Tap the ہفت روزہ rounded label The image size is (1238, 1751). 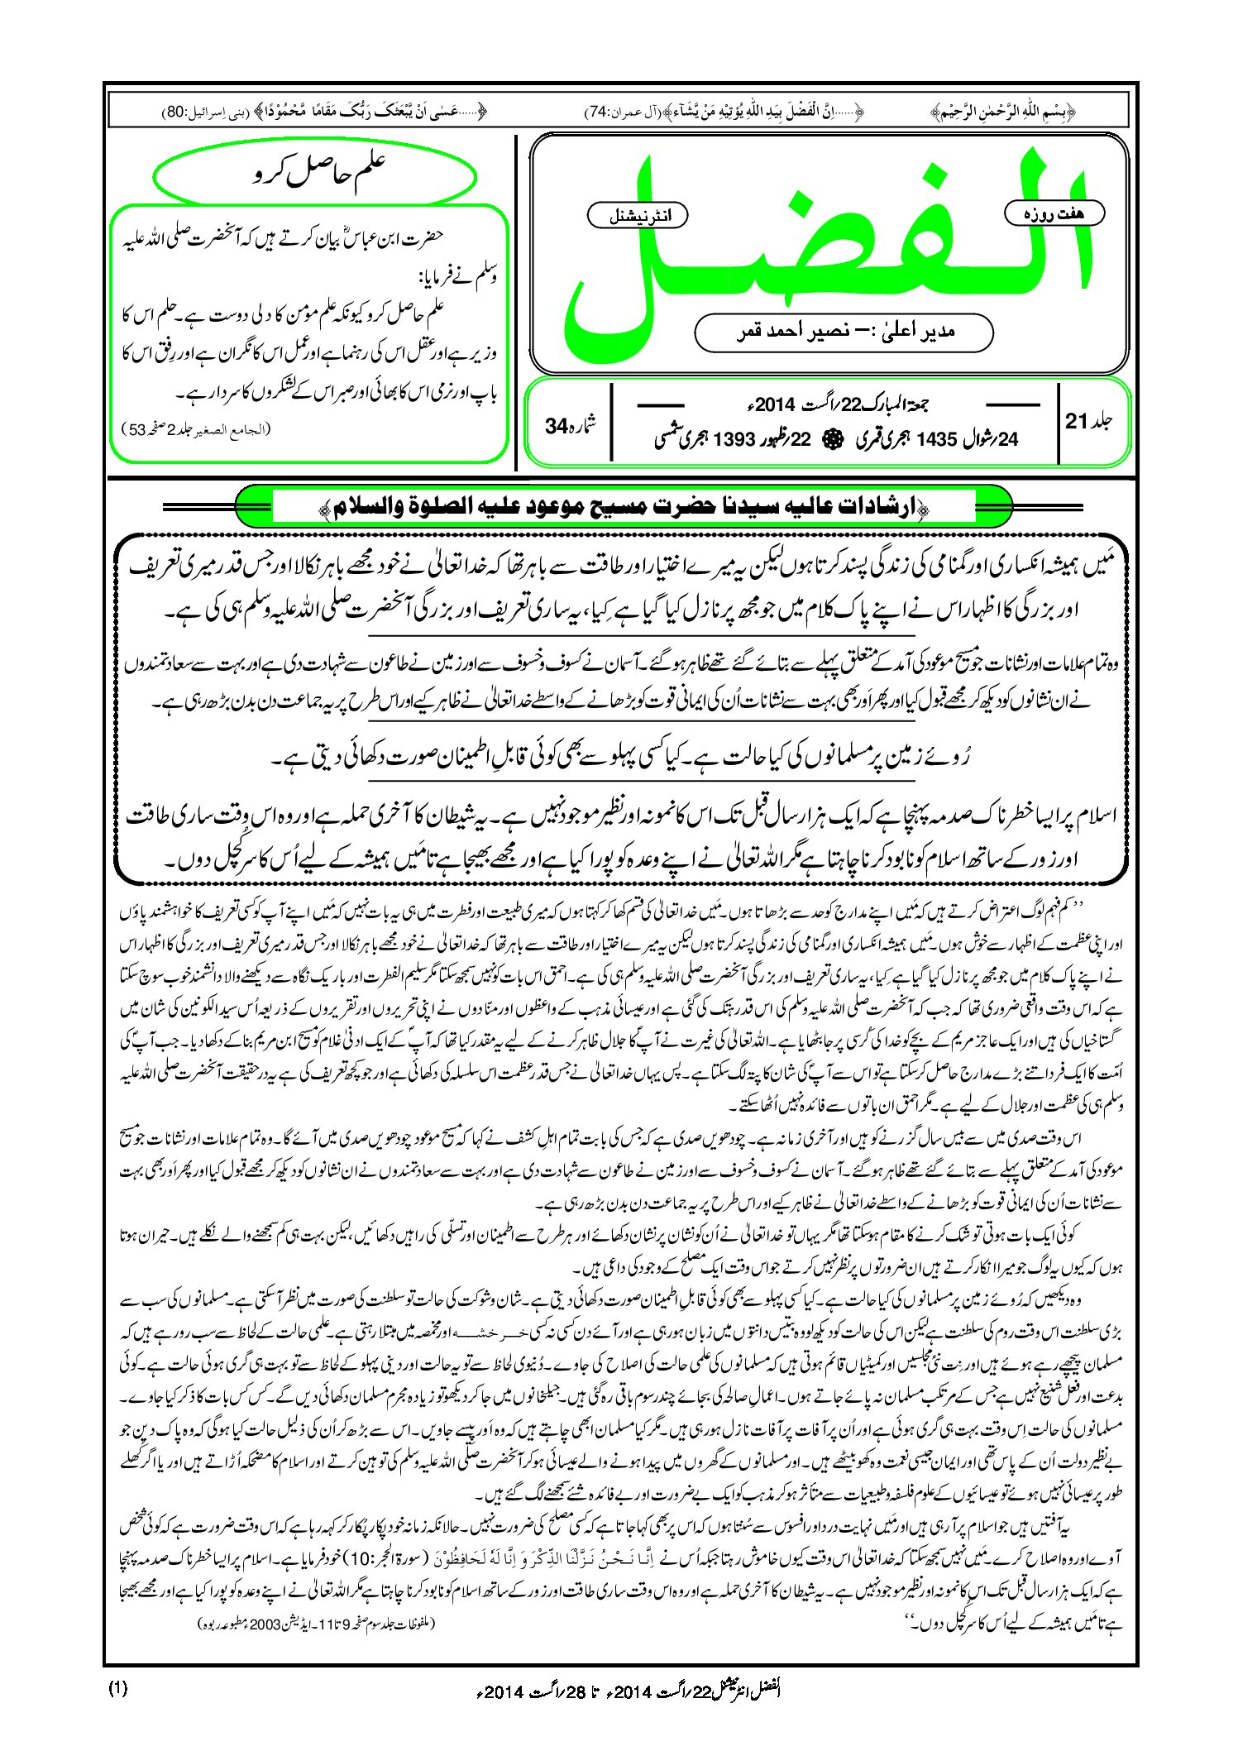(1054, 213)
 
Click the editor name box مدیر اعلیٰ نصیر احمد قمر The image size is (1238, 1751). (844, 332)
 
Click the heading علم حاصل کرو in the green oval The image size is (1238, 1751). (316, 175)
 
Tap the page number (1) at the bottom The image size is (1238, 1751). (117, 1688)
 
